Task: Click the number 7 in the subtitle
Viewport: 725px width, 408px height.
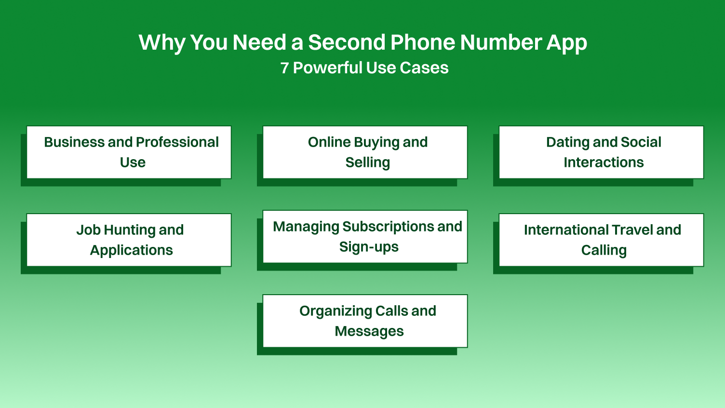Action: [x=284, y=68]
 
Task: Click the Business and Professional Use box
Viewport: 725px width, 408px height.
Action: [x=129, y=152]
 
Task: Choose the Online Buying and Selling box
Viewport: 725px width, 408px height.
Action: [x=365, y=152]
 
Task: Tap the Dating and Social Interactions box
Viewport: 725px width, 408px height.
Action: [x=601, y=152]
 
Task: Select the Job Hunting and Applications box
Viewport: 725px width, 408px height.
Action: [x=129, y=240]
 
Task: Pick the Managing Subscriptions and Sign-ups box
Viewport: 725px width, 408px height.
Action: [x=365, y=237]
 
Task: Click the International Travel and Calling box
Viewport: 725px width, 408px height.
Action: [x=601, y=240]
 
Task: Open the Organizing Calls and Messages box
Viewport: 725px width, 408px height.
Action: [x=365, y=321]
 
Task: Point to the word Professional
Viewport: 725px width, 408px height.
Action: [x=178, y=142]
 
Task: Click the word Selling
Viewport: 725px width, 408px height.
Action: [x=367, y=163]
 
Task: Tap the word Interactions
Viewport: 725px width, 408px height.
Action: [x=604, y=163]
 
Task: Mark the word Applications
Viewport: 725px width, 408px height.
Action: [x=131, y=250]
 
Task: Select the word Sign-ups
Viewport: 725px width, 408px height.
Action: [x=369, y=247]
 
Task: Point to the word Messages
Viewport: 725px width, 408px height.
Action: [x=369, y=331]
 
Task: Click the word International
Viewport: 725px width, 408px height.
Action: [x=562, y=230]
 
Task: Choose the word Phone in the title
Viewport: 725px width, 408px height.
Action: [x=422, y=42]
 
